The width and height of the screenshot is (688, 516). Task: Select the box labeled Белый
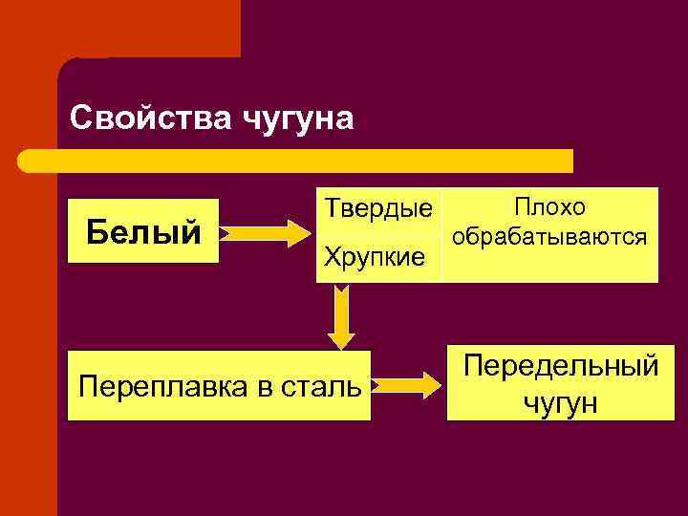point(143,231)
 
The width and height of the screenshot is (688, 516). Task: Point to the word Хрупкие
point(376,256)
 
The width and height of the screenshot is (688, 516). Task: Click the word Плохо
point(550,206)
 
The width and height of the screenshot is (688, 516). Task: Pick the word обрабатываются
point(550,236)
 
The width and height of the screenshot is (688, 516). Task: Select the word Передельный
point(561,366)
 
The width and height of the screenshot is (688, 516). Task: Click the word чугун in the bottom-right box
point(561,402)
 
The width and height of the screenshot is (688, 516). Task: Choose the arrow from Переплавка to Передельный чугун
point(409,385)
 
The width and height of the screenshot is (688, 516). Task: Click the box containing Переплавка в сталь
point(219,386)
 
